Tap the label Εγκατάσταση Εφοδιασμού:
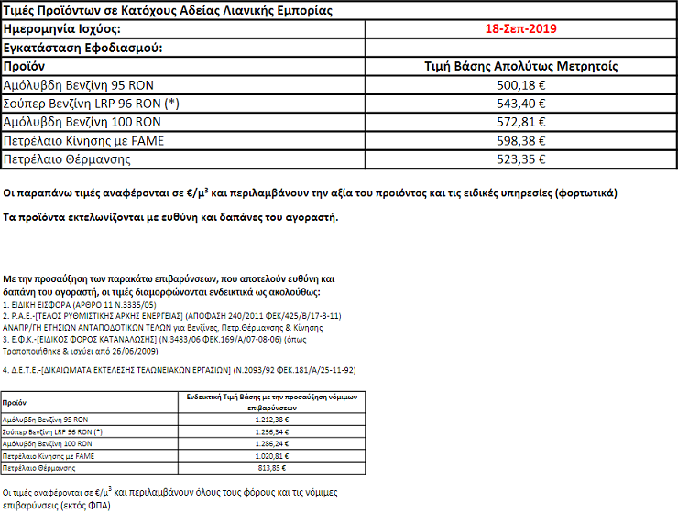pos(82,48)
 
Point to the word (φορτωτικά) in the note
pos(608,194)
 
